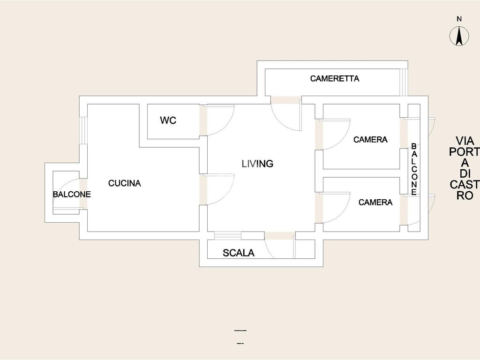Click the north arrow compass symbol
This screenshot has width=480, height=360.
tap(459, 36)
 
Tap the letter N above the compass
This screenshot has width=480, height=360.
tap(459, 19)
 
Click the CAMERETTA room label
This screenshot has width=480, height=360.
tap(335, 79)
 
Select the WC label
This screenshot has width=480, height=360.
tap(168, 120)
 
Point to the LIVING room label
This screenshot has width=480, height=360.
tap(257, 164)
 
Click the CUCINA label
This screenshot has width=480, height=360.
tap(125, 183)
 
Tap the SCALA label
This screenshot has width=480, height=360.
tap(239, 253)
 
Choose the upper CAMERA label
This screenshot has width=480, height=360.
tap(370, 140)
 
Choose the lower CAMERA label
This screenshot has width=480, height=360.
tap(375, 202)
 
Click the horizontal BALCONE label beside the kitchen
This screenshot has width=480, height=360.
tap(72, 195)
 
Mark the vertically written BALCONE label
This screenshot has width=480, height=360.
tap(414, 169)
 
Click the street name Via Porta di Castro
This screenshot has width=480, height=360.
tap(465, 168)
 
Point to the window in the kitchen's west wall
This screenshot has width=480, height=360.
tap(83, 130)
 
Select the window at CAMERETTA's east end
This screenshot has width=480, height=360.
tap(404, 82)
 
